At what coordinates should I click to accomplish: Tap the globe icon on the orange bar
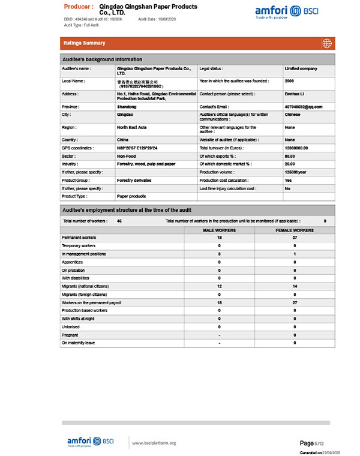327,43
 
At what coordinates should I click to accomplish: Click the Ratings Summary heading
84,43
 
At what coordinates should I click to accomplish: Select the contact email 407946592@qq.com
304,106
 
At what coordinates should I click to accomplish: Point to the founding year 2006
290,81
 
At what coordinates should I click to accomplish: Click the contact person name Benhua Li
295,94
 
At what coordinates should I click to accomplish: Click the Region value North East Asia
132,127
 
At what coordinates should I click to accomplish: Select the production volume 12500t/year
296,172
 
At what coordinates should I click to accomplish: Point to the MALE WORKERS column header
219,230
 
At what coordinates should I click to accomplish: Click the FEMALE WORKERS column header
295,230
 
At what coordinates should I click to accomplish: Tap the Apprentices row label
73,262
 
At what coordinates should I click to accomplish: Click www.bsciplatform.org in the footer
154,443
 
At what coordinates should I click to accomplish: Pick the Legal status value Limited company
301,69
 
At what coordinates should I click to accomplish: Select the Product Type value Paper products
131,196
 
